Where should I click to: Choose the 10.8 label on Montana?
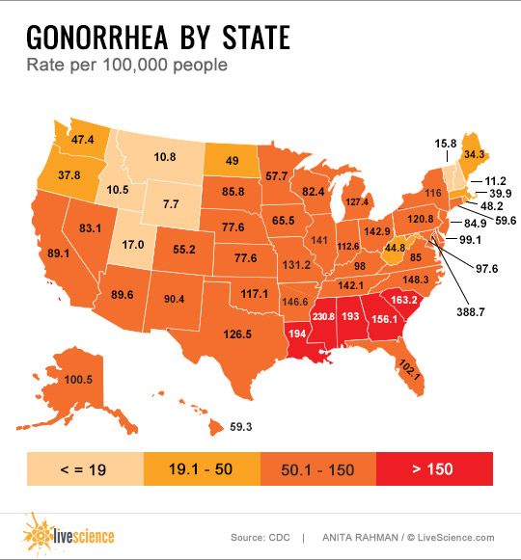tap(165, 155)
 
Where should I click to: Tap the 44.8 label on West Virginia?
tap(368, 248)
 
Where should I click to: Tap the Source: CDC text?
tap(260, 537)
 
